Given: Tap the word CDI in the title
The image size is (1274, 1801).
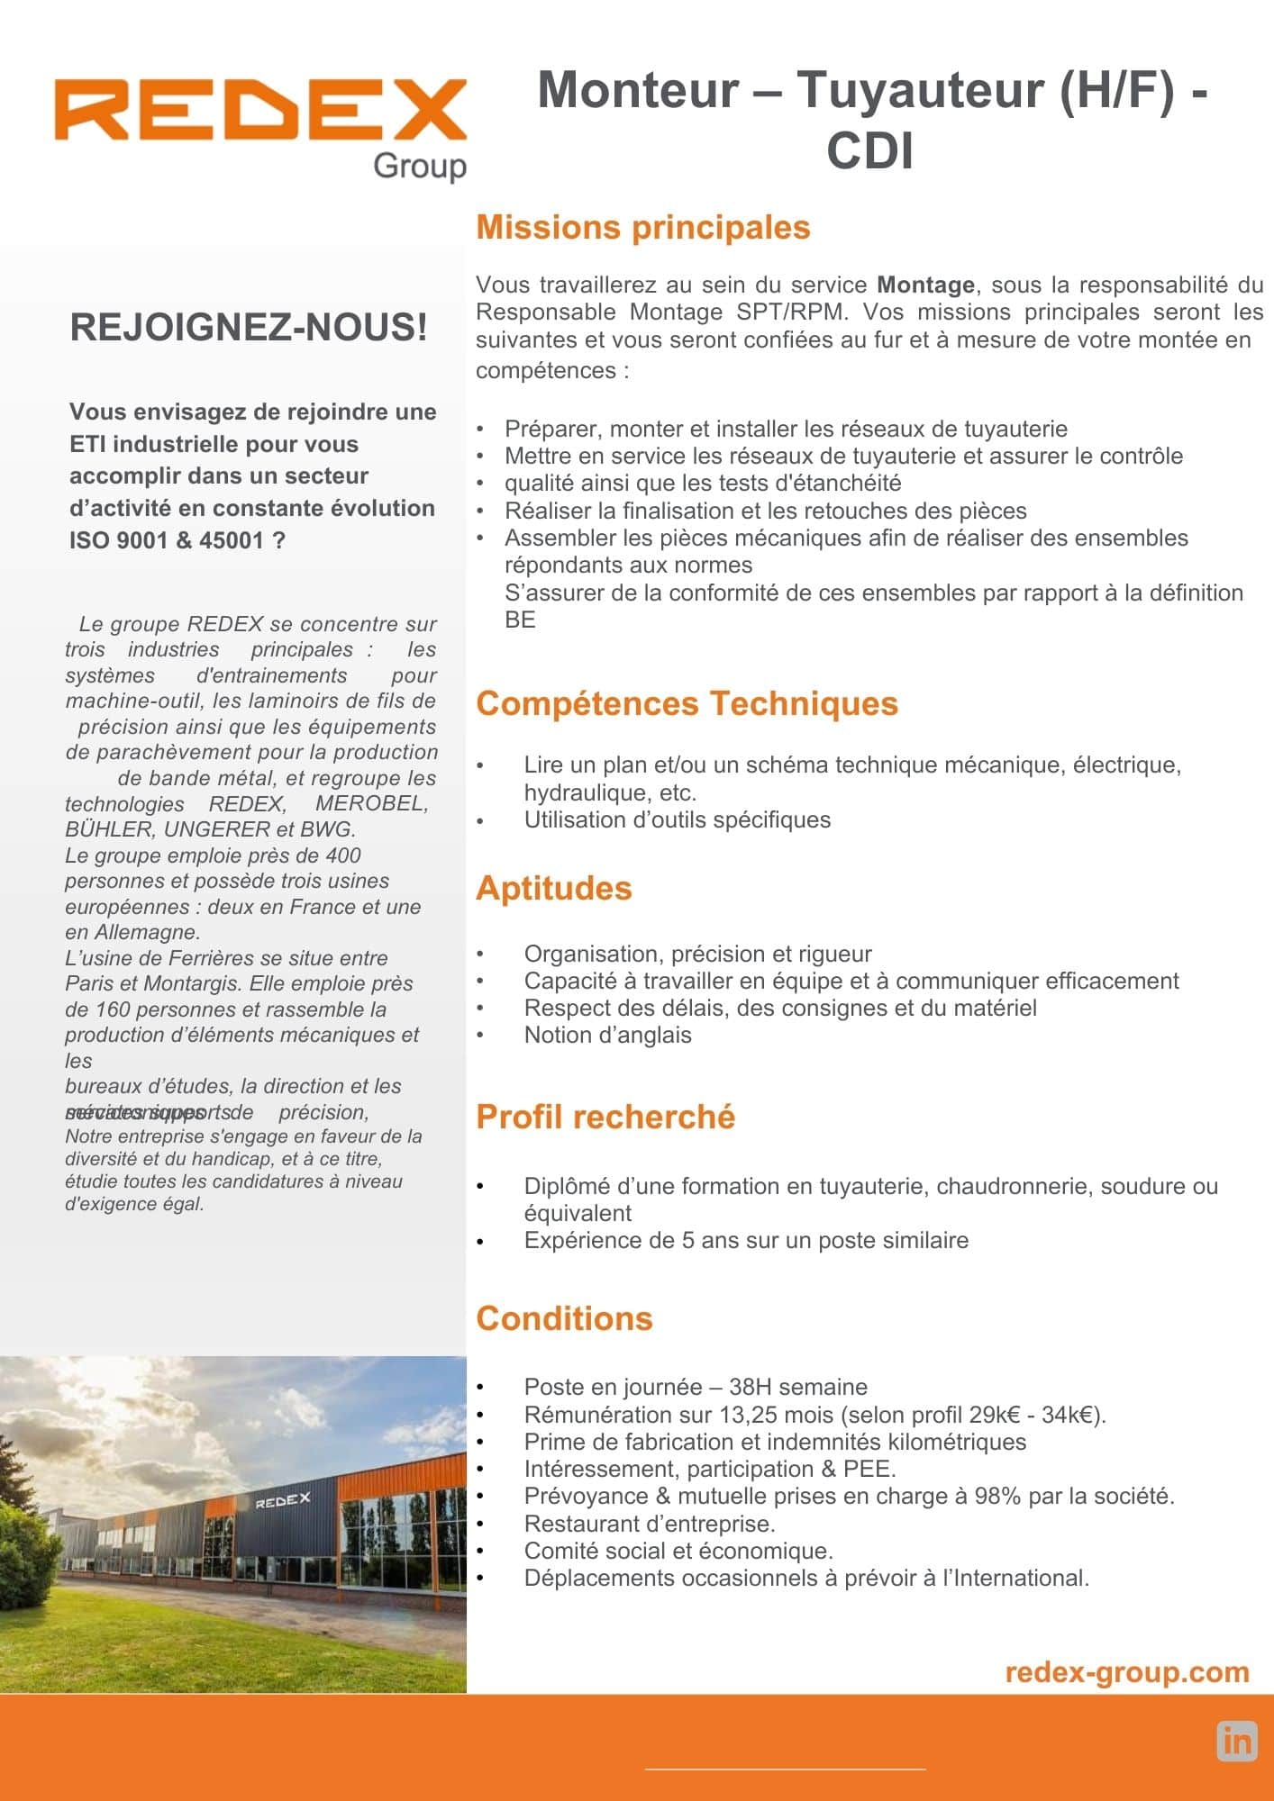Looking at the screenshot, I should click(869, 150).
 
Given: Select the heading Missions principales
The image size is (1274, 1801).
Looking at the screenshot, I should click(642, 227).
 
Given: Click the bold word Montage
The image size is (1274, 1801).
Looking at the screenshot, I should click(925, 285).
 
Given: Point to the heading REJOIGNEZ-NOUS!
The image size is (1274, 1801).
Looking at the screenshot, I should click(249, 327).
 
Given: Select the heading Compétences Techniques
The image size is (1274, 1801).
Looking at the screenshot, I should click(687, 703).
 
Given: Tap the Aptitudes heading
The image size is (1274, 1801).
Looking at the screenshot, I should click(553, 888).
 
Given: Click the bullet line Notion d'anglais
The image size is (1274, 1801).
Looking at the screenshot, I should click(607, 1036).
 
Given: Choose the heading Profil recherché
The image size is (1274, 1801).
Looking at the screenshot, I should click(605, 1117).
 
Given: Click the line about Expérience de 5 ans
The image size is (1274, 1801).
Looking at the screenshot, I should click(746, 1241).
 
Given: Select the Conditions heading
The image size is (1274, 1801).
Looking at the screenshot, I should click(564, 1318).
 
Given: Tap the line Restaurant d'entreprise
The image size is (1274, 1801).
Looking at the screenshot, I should click(650, 1524).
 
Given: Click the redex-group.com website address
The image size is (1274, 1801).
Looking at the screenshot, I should click(1126, 1672).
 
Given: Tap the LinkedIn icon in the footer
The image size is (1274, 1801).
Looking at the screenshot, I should click(1237, 1742).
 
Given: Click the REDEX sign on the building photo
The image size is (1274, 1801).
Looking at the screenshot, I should click(282, 1501).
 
